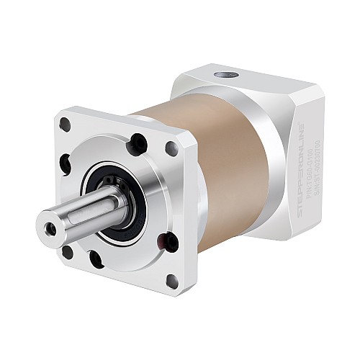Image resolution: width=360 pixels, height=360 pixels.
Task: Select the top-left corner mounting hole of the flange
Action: [x=65, y=125]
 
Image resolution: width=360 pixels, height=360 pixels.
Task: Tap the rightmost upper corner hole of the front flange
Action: [x=172, y=150]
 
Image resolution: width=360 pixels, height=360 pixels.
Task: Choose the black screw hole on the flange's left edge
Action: [x=66, y=164]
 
